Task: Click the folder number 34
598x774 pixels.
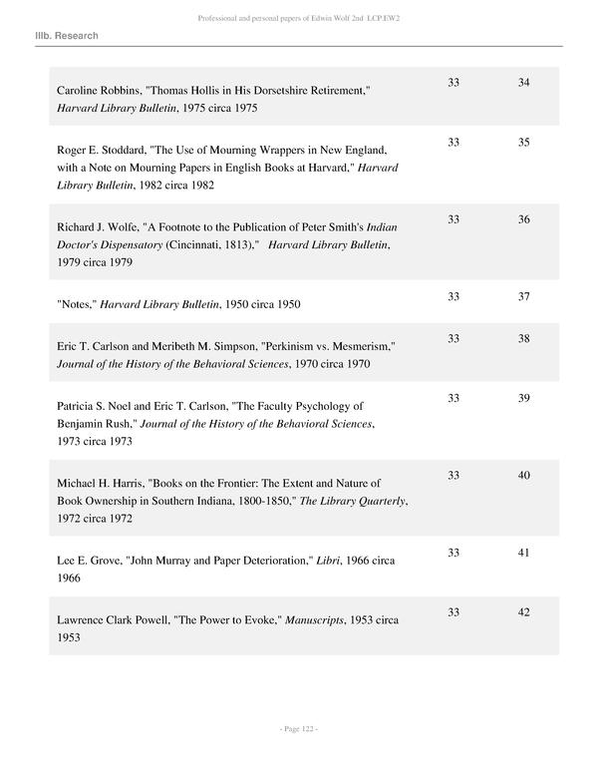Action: click(523, 82)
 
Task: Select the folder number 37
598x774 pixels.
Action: click(523, 297)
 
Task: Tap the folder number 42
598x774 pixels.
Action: click(523, 612)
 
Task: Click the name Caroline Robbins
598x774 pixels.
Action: click(97, 91)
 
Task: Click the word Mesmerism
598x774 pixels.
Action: click(361, 346)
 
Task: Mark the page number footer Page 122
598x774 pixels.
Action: click(298, 730)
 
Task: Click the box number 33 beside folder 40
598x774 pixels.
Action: click(453, 476)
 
